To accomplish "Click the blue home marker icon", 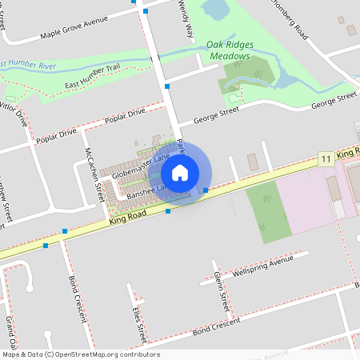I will point(180,172).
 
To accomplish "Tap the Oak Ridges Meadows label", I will point(230,51).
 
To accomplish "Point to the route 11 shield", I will point(325,159).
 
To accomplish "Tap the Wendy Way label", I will point(187,19).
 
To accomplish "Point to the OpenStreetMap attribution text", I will point(80,354).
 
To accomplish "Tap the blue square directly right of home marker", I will point(206,190).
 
